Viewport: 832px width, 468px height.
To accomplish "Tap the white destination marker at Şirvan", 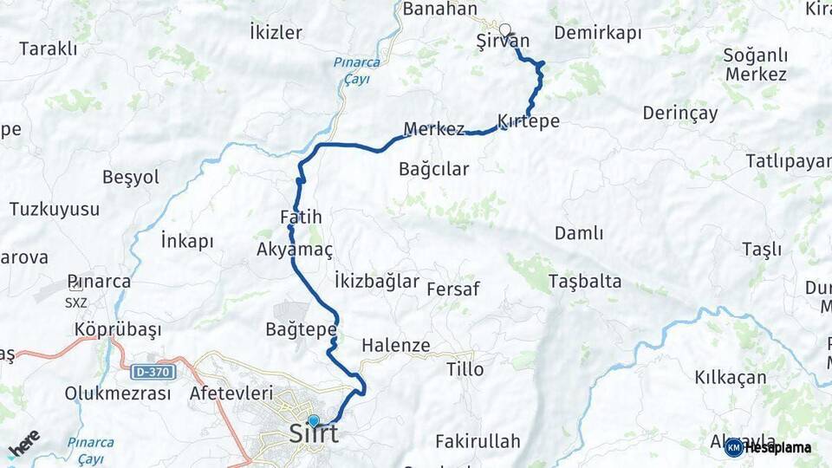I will [x=504, y=29].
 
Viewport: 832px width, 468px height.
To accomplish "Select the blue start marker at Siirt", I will [x=314, y=420].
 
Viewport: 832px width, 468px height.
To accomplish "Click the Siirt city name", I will [x=313, y=434].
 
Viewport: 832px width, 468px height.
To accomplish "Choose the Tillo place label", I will [x=465, y=369].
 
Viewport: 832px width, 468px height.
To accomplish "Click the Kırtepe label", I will [x=529, y=121].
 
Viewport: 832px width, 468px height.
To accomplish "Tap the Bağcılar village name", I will [x=433, y=169].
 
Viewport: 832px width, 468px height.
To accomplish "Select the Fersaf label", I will [x=453, y=289].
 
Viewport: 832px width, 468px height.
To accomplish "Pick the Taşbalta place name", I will [x=585, y=281].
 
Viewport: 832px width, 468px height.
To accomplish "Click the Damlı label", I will [x=579, y=233].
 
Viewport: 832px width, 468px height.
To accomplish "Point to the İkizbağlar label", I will [x=376, y=281].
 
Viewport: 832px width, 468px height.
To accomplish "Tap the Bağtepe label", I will [x=301, y=330].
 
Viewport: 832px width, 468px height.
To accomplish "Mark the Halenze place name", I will [x=395, y=345].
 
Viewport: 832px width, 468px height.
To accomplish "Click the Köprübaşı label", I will [x=118, y=330].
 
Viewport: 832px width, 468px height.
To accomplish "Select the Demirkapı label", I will [x=597, y=34].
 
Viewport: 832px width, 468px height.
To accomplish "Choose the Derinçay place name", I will [x=680, y=114].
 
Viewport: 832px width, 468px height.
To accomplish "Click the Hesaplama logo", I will [x=769, y=447].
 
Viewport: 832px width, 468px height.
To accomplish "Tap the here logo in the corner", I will [x=23, y=443].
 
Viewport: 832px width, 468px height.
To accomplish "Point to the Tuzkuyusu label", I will [x=55, y=209].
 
